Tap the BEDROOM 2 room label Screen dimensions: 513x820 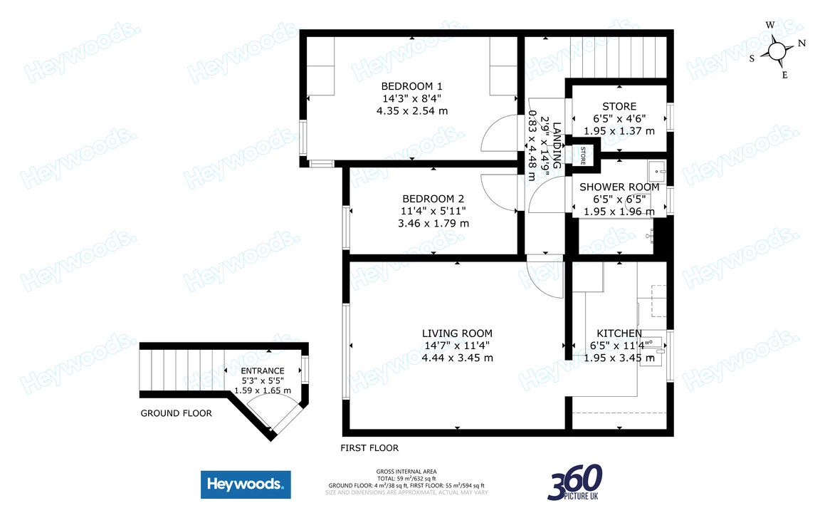point(433,199)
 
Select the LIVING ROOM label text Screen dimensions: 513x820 point(457,333)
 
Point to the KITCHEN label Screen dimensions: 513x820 point(619,333)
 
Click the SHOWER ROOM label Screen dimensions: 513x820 point(619,187)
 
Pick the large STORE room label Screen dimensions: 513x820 point(619,107)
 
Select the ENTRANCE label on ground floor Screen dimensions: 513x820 point(262,370)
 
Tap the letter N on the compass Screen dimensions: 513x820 point(801,43)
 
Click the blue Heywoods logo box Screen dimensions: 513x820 point(246,485)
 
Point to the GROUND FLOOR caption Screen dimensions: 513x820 point(176,413)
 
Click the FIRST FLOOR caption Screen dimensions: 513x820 point(369,448)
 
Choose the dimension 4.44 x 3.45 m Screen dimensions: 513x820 point(457,358)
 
